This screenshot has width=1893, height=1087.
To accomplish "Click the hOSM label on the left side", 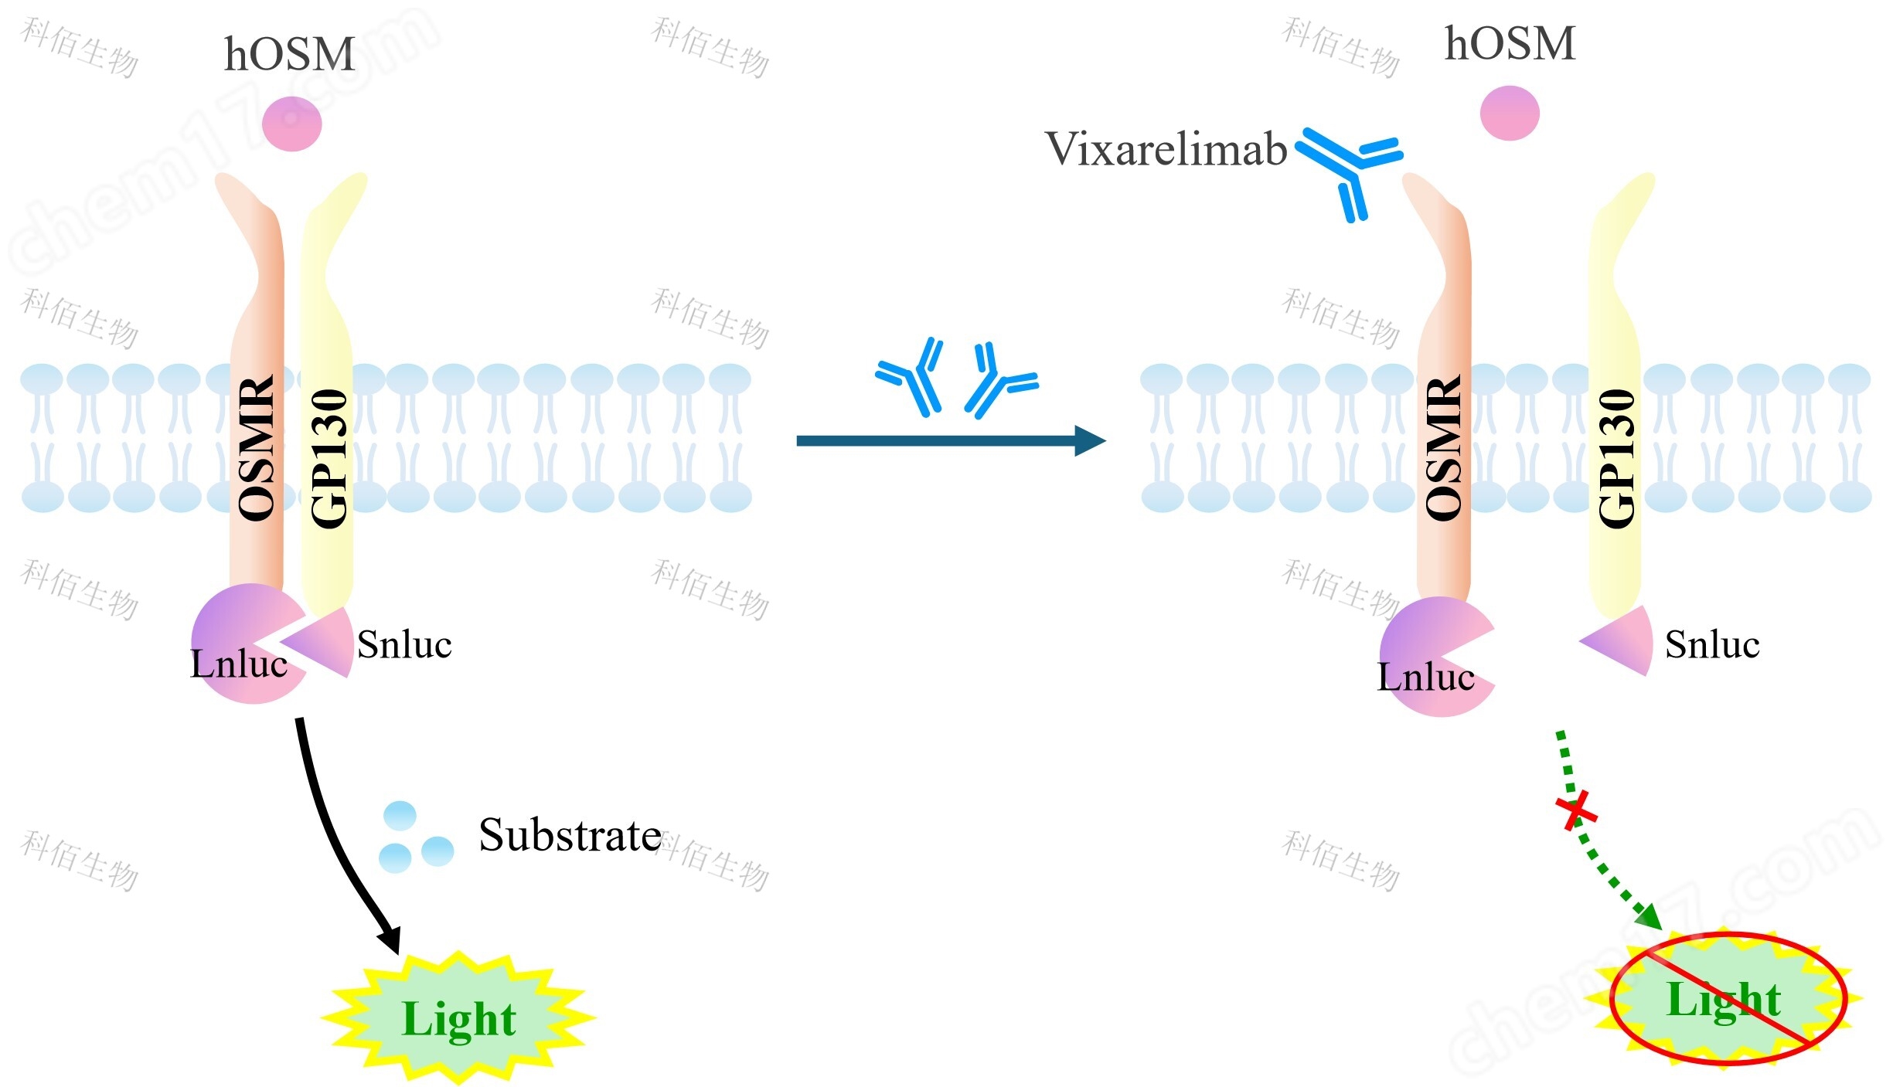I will pyautogui.click(x=289, y=54).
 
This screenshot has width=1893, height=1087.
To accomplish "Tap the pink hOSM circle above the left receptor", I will pyautogui.click(x=291, y=124).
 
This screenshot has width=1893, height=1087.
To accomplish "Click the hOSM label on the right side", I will pyautogui.click(x=1509, y=43).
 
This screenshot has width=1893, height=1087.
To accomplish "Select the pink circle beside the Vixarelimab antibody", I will pyautogui.click(x=1509, y=113).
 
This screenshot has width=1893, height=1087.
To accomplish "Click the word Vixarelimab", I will pyautogui.click(x=1165, y=148).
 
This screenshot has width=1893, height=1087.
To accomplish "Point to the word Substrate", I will pyautogui.click(x=570, y=835).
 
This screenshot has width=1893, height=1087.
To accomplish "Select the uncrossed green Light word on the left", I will pyautogui.click(x=458, y=1019).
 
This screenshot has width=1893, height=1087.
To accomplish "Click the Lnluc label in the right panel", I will pyautogui.click(x=1425, y=677).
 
